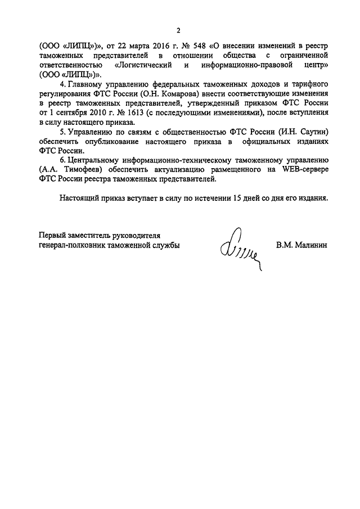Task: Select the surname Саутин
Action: [x=310, y=133]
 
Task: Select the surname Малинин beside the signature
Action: [x=301, y=245]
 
